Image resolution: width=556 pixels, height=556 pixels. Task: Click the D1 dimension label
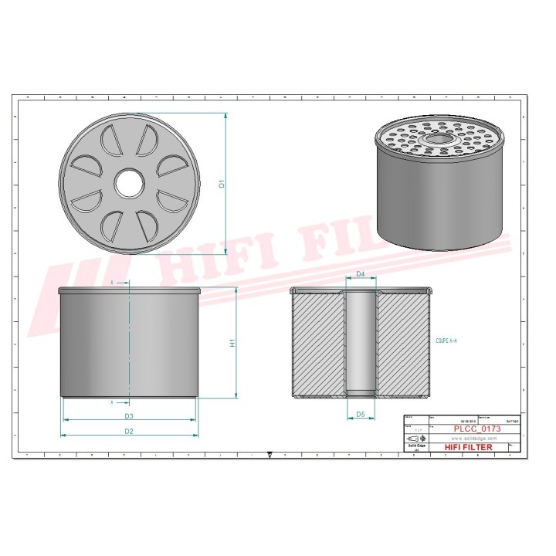pyautogui.click(x=222, y=184)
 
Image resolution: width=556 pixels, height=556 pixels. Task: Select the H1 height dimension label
pyautogui.click(x=232, y=343)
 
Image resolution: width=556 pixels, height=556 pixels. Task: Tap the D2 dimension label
pyautogui.click(x=129, y=430)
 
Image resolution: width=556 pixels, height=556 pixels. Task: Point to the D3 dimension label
pyautogui.click(x=129, y=416)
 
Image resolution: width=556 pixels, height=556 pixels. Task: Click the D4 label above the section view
pyautogui.click(x=360, y=275)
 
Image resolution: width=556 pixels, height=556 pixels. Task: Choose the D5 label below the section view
pyautogui.click(x=360, y=415)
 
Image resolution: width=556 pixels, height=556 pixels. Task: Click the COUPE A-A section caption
pyautogui.click(x=446, y=341)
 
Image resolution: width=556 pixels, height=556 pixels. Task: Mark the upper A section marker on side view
pyautogui.click(x=112, y=283)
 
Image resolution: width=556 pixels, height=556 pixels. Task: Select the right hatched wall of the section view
pyautogui.click(x=401, y=343)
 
